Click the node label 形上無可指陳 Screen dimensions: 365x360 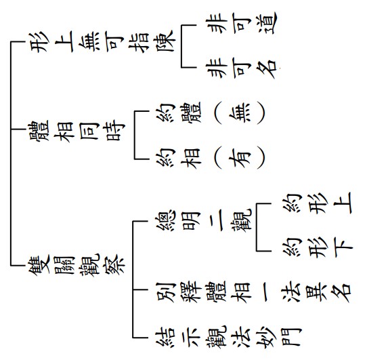tap(102, 41)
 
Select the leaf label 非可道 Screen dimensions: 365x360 tap(241, 23)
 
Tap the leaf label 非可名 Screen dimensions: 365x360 tap(241, 68)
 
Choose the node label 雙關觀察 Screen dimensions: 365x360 tap(77, 265)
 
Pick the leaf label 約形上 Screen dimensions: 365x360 tap(318, 203)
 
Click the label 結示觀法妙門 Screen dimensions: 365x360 tap(229, 337)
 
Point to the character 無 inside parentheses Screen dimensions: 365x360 tap(239, 113)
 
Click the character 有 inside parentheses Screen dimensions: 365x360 tap(239, 159)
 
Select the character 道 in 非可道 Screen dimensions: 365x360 tap(267, 23)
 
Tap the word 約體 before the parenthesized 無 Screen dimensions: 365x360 tap(179, 113)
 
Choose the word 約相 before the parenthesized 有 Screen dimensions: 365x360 tap(179, 159)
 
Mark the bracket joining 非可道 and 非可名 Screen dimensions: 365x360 tap(181, 46)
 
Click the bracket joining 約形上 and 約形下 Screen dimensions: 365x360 tap(257, 227)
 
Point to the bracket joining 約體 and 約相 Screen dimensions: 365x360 tap(135, 135)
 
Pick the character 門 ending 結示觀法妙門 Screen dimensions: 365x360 tap(293, 337)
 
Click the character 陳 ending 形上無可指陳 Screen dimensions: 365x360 tap(165, 41)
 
